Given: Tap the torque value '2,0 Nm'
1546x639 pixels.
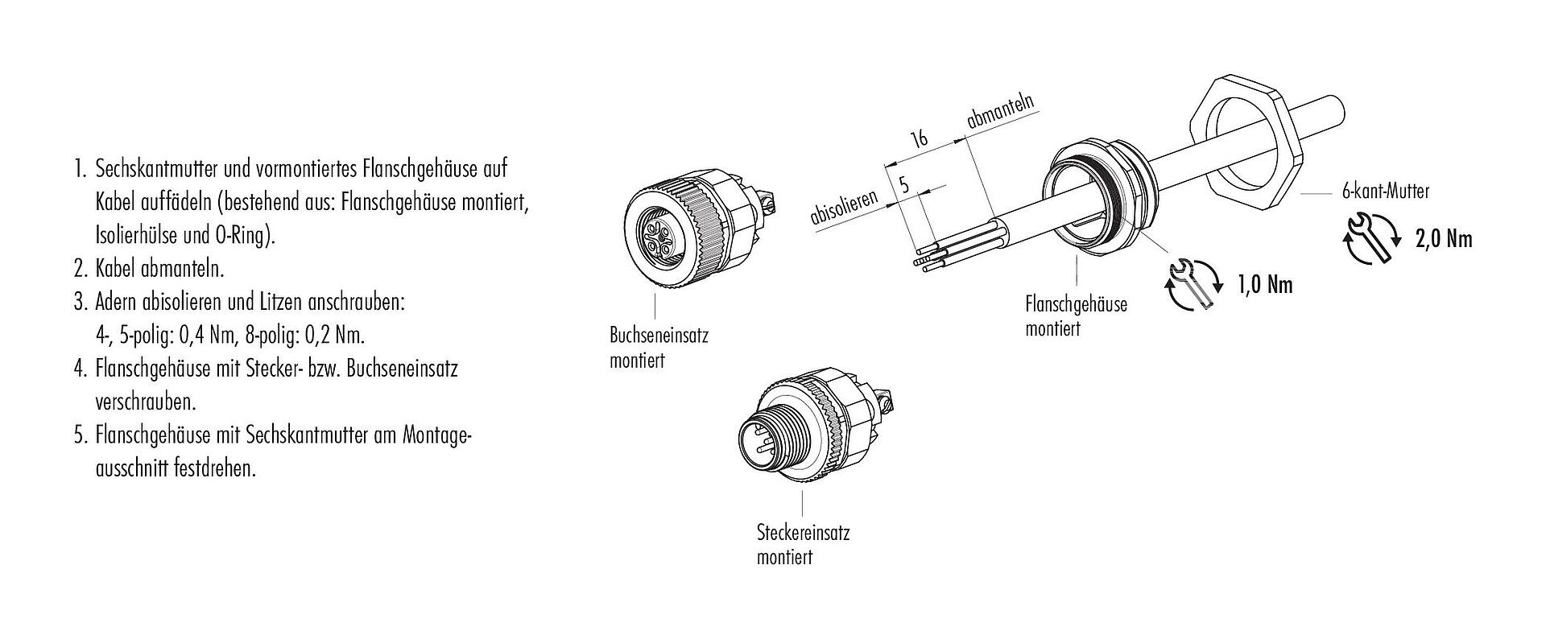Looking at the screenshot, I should tap(1444, 240).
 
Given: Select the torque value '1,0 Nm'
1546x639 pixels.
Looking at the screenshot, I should tap(1264, 285).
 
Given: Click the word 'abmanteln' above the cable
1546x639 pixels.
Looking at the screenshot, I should tap(999, 109).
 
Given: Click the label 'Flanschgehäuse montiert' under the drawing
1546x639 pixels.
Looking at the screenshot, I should tap(1076, 315).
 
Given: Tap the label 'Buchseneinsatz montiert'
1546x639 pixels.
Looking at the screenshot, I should tap(659, 348).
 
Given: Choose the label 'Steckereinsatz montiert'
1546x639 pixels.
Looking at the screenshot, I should tap(803, 544).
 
